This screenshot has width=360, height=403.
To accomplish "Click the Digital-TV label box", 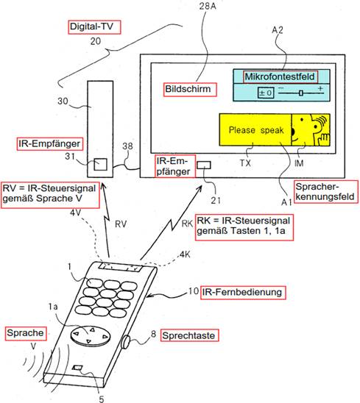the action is click(x=94, y=26).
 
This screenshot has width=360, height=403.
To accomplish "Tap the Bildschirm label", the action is click(x=190, y=90).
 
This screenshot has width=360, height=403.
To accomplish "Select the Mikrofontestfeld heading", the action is click(x=280, y=76).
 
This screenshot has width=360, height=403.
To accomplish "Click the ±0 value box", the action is click(x=266, y=93).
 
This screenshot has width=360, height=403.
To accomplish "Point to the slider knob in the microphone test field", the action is click(x=301, y=93).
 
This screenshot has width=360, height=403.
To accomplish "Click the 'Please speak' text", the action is click(x=256, y=130).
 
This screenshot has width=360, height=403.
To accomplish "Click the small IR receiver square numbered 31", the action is click(x=100, y=164).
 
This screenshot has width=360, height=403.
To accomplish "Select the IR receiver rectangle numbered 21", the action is click(x=204, y=165).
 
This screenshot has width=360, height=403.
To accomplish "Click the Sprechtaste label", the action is click(x=190, y=335).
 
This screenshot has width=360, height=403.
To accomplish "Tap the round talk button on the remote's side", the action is click(x=126, y=342).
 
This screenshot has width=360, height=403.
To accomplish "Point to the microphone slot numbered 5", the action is click(x=77, y=368).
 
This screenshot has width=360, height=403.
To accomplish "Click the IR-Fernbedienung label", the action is click(x=243, y=293).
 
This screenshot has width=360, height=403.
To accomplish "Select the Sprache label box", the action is click(x=26, y=333).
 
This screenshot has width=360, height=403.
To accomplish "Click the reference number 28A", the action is click(x=208, y=6).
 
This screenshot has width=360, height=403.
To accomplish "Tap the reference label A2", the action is click(x=278, y=30).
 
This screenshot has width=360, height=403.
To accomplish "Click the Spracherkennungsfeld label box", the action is click(x=326, y=192).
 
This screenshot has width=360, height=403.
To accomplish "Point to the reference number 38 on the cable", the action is click(x=127, y=146).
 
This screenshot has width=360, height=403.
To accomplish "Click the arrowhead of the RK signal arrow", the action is click(x=200, y=189).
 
